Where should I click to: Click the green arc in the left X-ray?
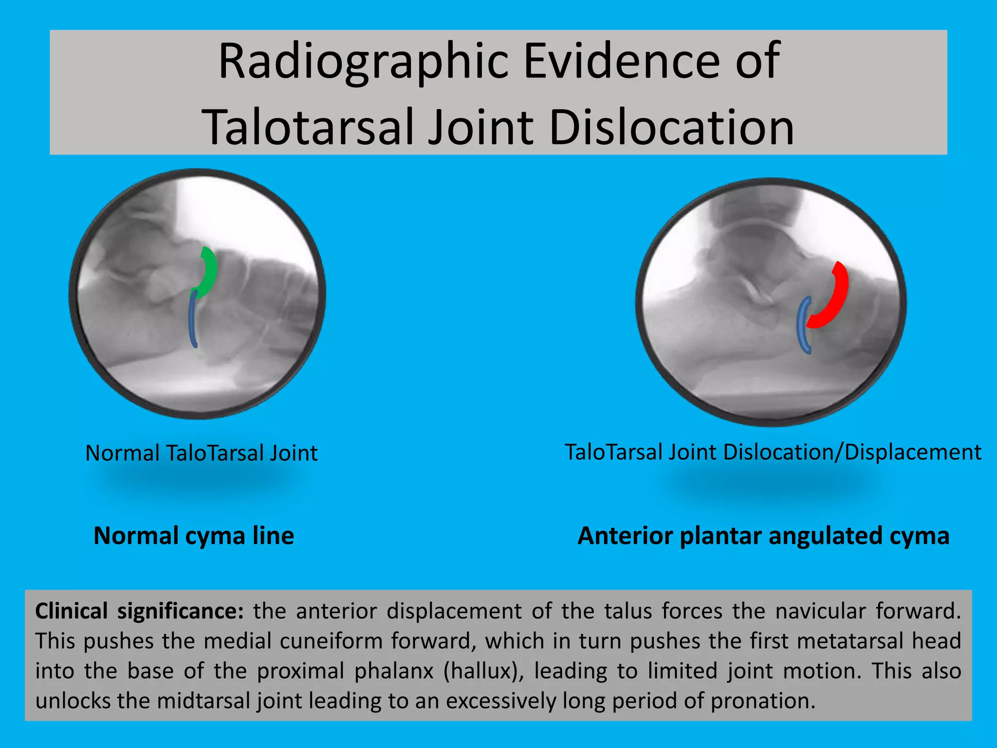coord(211,273)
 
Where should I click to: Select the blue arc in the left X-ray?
coord(193,319)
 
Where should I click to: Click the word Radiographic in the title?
coord(363,62)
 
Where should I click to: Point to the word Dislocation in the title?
coord(672,128)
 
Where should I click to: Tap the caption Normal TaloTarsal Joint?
coord(201,453)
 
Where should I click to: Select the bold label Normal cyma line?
coord(194,536)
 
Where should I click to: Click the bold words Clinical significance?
coord(139,611)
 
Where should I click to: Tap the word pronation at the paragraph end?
coord(762,701)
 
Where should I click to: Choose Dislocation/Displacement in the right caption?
coord(852,452)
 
